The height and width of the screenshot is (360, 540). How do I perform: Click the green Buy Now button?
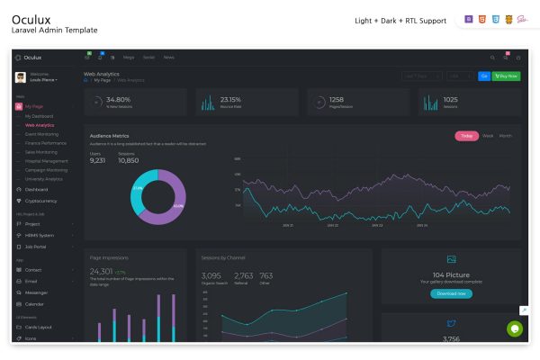coord(508,76)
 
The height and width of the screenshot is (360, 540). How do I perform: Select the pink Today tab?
coord(466,136)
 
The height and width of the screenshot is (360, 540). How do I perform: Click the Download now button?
coord(451,293)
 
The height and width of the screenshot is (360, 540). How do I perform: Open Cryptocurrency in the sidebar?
coord(41,201)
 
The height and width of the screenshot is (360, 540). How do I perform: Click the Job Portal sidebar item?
coord(36,246)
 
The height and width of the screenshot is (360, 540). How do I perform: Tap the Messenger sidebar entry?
coord(37,292)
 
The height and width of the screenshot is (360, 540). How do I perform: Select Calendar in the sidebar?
coord(35,304)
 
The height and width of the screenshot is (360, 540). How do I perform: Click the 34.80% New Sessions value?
coord(118,99)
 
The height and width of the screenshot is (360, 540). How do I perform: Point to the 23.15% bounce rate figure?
coord(230,99)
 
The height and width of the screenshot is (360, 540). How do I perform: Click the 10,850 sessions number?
coord(128,160)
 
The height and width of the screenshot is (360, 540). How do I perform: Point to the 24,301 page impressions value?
coord(102,271)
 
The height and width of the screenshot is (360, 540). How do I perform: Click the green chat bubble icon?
coord(514,329)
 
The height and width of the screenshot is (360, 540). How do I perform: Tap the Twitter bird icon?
coord(452,323)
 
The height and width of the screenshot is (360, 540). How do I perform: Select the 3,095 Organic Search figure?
coord(211,276)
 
